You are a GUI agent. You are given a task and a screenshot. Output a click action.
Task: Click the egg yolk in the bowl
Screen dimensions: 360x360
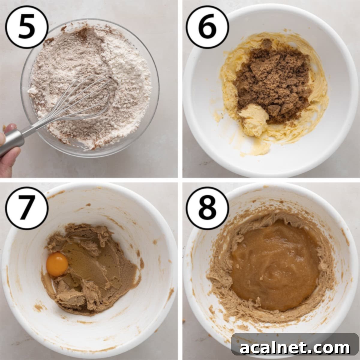[x=57, y=264]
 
